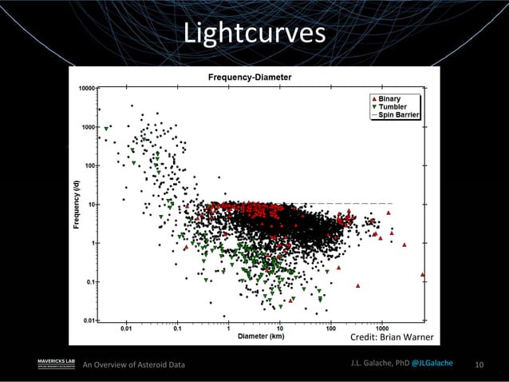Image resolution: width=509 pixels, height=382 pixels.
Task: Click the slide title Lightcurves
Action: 254,34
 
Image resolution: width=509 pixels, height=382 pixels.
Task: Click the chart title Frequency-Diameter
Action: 250,78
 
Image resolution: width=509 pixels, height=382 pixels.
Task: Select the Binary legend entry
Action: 389,98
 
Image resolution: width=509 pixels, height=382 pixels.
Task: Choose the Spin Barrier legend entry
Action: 395,114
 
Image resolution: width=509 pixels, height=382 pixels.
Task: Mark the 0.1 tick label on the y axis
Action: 92,281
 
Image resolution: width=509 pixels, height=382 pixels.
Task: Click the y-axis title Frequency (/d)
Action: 77,204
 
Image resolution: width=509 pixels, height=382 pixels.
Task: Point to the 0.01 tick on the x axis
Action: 126,328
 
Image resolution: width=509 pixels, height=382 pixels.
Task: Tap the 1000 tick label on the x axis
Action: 381,328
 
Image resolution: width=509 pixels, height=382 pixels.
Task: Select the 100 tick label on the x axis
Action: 330,328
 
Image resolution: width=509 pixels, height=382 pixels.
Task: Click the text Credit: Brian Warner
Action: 392,339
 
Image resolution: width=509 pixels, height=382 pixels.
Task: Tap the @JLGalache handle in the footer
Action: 432,364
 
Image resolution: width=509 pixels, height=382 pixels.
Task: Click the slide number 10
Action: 479,365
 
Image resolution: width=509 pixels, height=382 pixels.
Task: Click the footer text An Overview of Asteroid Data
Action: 134,365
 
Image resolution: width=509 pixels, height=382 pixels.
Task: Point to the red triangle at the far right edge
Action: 423,274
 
